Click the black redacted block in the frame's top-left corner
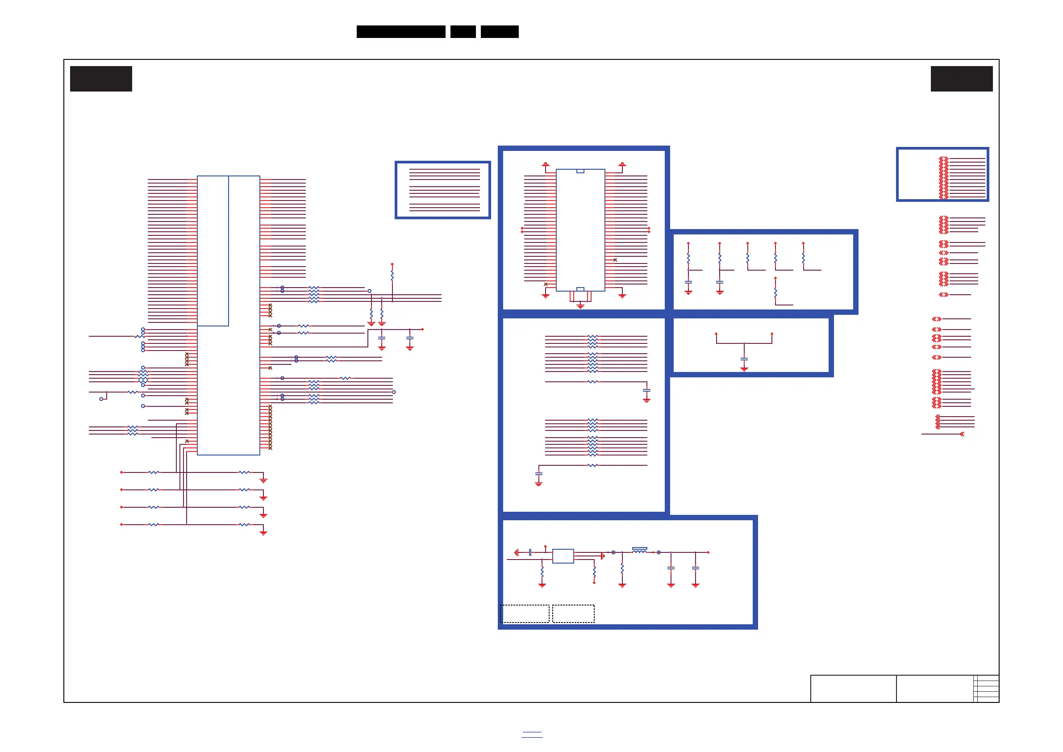pos(101,79)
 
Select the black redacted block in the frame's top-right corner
pos(962,79)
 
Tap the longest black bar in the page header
pos(401,32)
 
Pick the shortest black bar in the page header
pos(463,32)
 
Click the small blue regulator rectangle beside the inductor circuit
pos(563,556)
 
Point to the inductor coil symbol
pos(639,550)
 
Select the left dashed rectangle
pos(525,614)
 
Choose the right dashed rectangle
pos(573,614)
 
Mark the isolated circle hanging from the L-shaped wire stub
pos(101,399)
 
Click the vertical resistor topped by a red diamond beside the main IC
pos(392,276)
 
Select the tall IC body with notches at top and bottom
pos(580,230)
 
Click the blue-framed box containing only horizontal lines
pos(442,190)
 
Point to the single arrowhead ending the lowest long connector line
pos(962,434)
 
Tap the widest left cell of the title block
pos(853,689)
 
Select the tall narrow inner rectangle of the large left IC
pos(213,251)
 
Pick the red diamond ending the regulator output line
pos(708,552)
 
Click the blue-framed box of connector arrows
pos(942,174)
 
